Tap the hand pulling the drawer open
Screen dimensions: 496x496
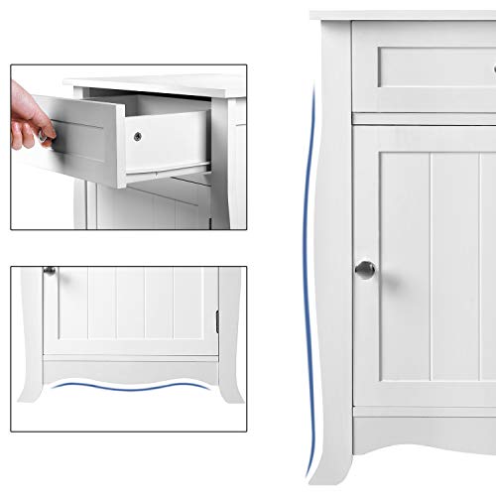[28, 116]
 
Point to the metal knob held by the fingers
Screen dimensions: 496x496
[47, 137]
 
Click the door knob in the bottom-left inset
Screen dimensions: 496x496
[49, 270]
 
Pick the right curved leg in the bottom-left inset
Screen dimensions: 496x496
[231, 382]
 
